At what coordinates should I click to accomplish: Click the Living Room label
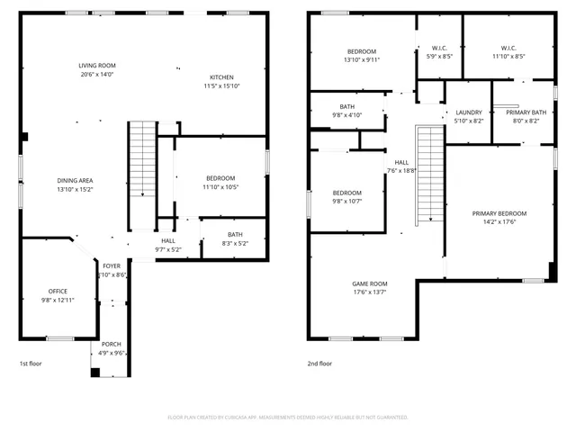point(96,66)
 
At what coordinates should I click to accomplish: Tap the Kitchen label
point(221,77)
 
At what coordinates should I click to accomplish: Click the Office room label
point(58,292)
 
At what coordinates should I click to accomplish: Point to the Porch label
point(112,344)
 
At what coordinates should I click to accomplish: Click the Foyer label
point(112,265)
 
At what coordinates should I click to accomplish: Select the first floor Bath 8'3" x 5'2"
point(234,235)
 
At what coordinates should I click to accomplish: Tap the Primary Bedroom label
point(499,213)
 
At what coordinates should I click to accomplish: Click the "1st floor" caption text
point(31,364)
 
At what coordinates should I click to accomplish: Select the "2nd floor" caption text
point(319,364)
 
